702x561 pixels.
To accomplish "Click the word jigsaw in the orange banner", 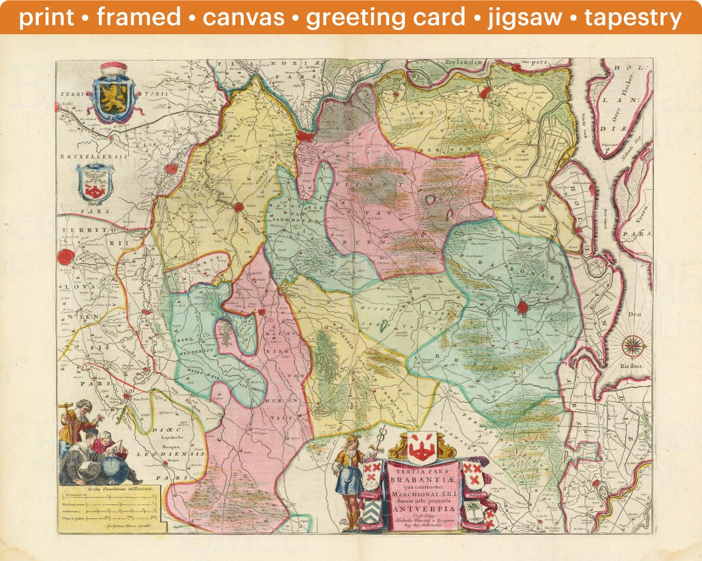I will [526, 18].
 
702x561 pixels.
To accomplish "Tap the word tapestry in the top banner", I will [633, 18].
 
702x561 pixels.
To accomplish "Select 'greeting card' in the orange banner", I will [386, 18].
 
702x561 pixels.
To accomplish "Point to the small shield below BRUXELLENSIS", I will [95, 182].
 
